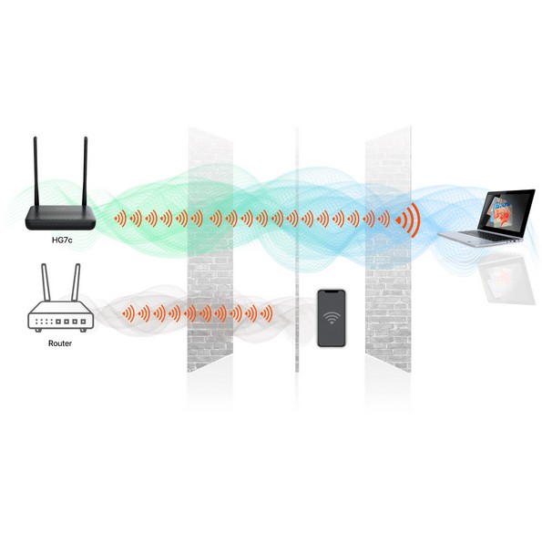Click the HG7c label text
[62, 240]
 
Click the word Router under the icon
[60, 343]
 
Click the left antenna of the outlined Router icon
[46, 282]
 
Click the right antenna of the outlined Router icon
[76, 282]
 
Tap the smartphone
[332, 318]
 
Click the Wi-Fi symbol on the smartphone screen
[332, 317]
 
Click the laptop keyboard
[489, 235]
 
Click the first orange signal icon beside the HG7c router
[120, 219]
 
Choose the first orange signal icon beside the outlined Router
[128, 313]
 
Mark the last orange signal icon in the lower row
[267, 313]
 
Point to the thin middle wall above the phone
[297, 250]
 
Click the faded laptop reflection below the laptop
[506, 277]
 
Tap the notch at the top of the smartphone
[332, 291]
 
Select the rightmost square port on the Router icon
[83, 322]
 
